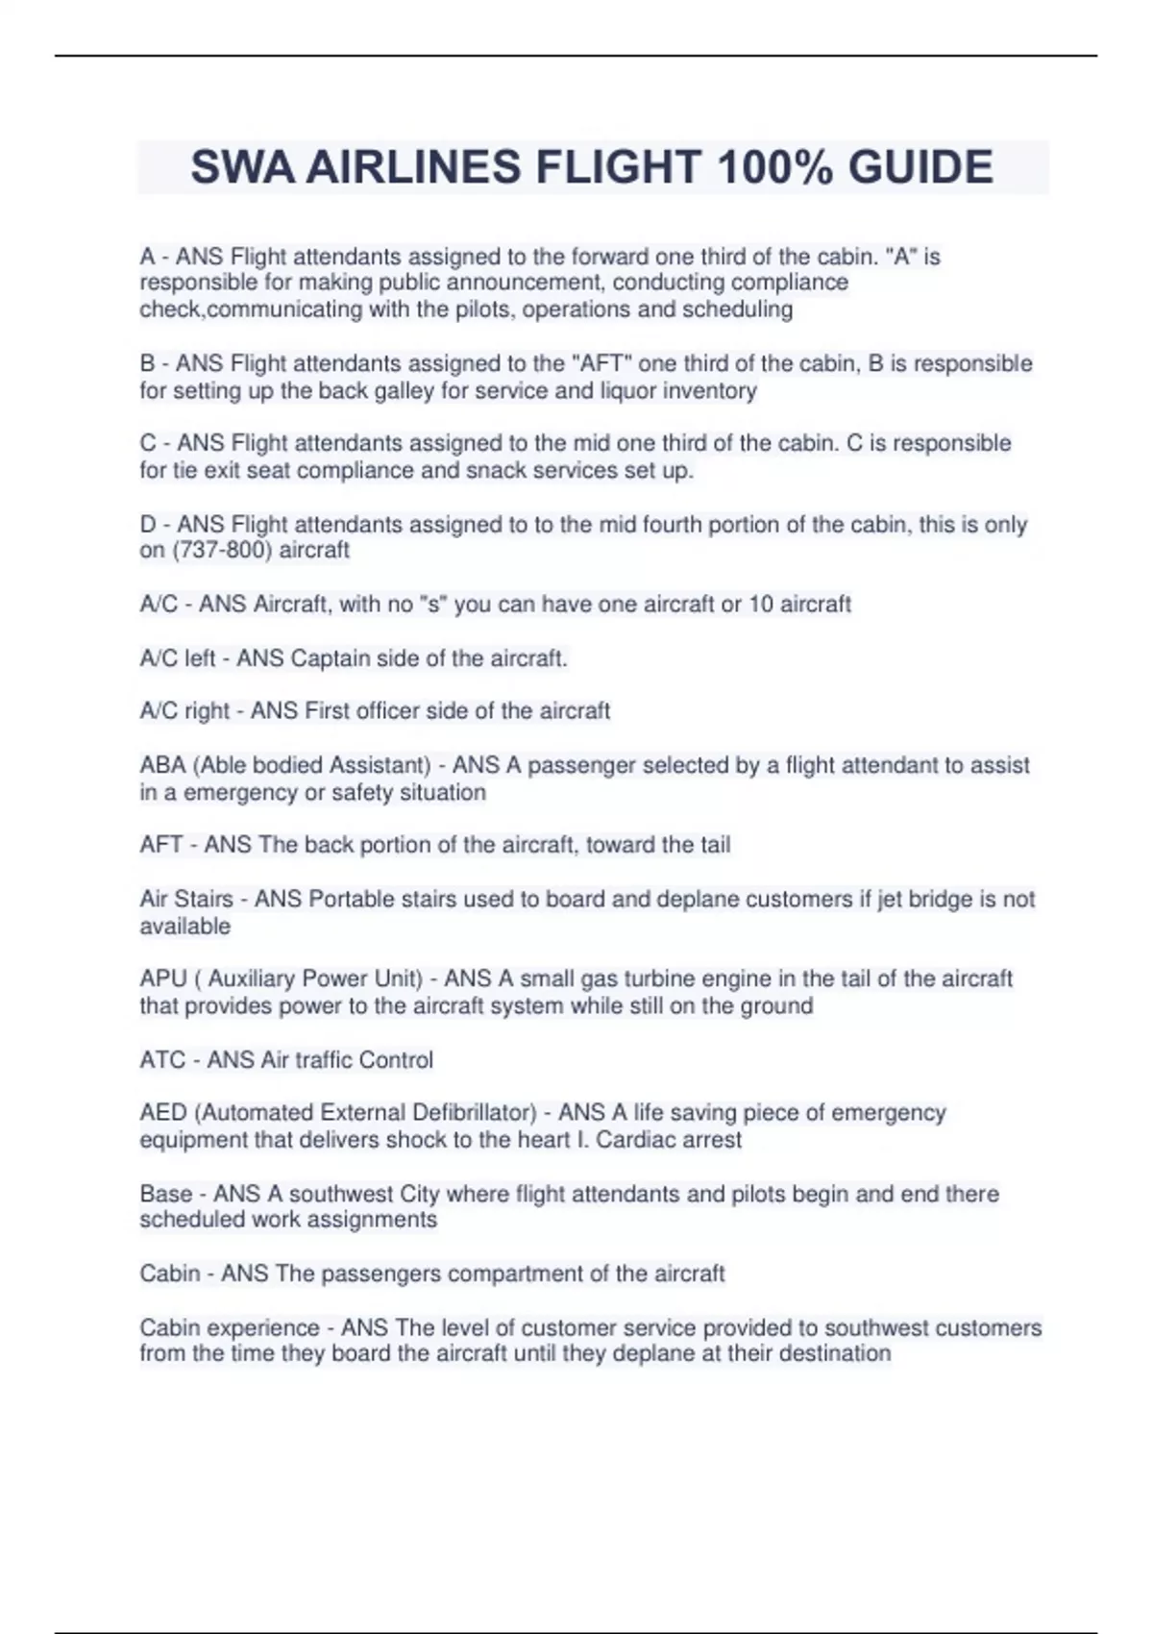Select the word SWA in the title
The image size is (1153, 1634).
tap(241, 167)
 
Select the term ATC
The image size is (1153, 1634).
tap(162, 1059)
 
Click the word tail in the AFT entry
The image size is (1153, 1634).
tap(712, 845)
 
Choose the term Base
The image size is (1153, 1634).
tap(166, 1194)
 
